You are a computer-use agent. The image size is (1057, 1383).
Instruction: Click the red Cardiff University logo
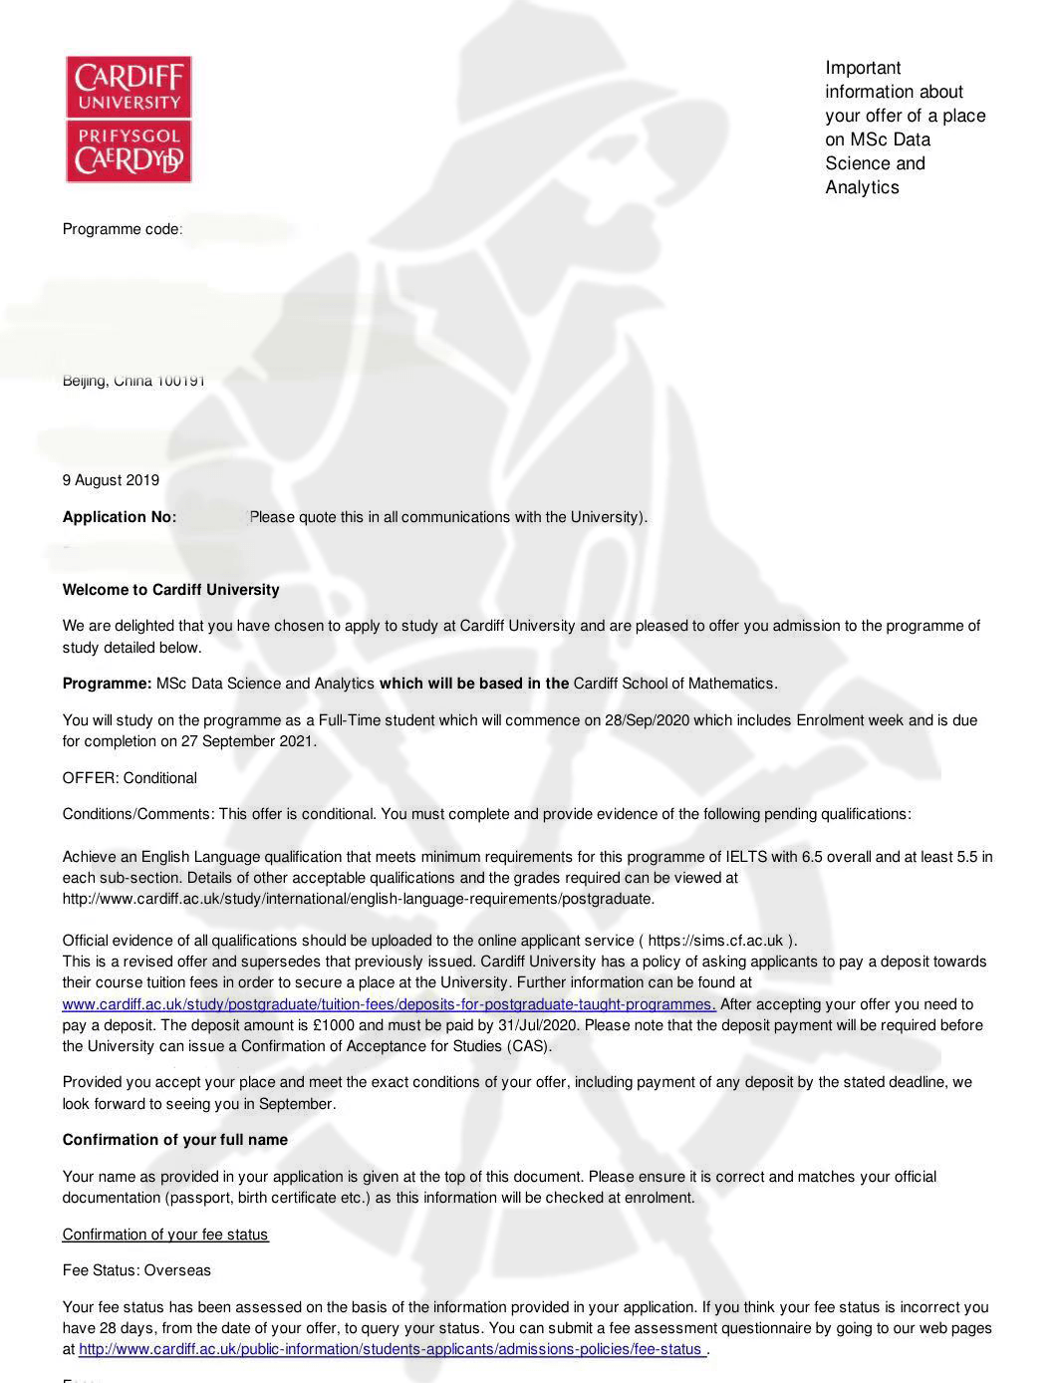click(x=129, y=119)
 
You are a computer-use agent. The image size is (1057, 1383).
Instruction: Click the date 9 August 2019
click(x=111, y=480)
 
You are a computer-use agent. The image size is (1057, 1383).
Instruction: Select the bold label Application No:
click(x=120, y=517)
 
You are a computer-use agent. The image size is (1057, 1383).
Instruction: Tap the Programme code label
click(x=122, y=229)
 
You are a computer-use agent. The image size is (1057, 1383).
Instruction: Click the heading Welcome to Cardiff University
click(x=170, y=590)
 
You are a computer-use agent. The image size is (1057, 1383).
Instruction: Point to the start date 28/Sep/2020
click(x=647, y=720)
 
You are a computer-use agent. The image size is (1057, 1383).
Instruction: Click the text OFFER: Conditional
click(x=130, y=778)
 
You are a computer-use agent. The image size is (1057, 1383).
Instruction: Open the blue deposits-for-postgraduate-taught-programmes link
click(x=389, y=1004)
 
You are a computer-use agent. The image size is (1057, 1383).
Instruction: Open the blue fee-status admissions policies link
click(x=393, y=1349)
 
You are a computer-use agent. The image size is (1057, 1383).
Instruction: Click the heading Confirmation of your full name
click(x=174, y=1140)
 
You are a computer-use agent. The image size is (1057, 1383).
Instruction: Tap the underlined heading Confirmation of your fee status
click(x=164, y=1235)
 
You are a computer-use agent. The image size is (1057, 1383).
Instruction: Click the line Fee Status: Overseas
click(x=136, y=1270)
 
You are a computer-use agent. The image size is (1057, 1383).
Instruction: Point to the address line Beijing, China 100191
click(x=133, y=381)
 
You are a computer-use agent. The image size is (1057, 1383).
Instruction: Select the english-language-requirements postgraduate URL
click(x=358, y=899)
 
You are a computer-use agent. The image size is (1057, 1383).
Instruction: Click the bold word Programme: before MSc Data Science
click(x=107, y=684)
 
